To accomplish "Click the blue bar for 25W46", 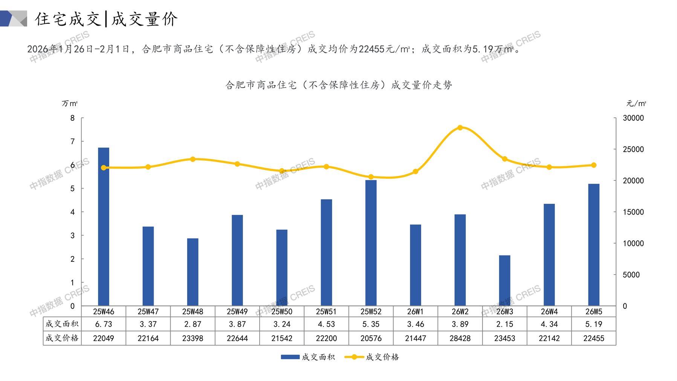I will click(x=104, y=226).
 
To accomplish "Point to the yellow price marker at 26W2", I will click(x=460, y=128).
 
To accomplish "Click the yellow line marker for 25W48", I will click(x=193, y=159).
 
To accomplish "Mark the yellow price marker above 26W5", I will click(x=594, y=165).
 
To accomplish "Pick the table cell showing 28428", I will click(x=460, y=338).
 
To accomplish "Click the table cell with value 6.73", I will click(x=104, y=324).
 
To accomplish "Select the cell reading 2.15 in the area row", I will click(x=504, y=324).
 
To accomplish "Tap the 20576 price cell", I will click(x=371, y=338).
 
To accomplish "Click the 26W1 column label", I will click(x=415, y=312).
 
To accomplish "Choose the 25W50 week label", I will click(x=282, y=312).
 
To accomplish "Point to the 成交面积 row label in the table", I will click(x=62, y=324).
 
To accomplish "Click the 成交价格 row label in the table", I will click(x=62, y=338).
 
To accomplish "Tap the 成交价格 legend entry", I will click(x=382, y=357).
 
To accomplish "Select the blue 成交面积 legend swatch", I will click(x=290, y=357).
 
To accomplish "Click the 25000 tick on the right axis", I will click(x=633, y=149).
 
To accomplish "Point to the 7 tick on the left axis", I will click(x=73, y=141).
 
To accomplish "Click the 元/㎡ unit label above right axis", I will click(x=636, y=103).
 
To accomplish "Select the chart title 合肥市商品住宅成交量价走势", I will click(x=338, y=85).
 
